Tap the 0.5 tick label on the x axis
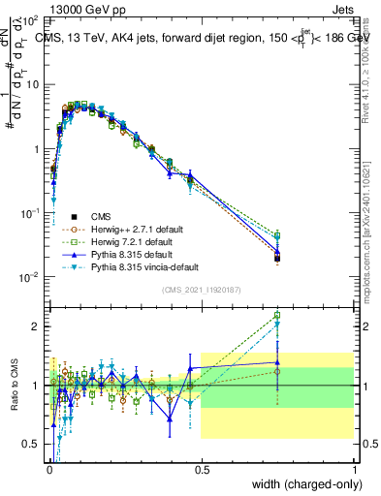201,468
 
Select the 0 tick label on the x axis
48,468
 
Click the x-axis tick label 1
354,468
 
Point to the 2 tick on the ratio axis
37,326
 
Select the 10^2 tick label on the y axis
30,20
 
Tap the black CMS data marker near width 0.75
277,259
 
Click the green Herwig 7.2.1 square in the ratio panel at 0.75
277,315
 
